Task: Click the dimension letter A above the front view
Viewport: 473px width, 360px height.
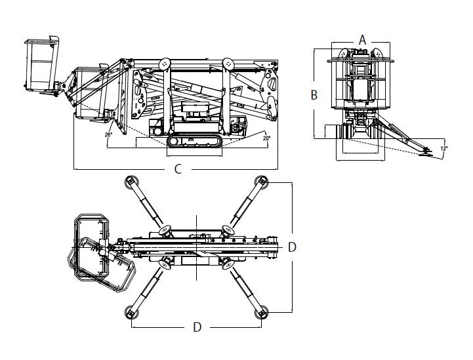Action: (x=362, y=40)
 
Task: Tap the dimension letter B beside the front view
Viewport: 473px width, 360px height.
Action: (x=314, y=95)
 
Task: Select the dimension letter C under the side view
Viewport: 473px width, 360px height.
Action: (x=178, y=169)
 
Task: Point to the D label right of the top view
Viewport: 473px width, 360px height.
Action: (x=292, y=247)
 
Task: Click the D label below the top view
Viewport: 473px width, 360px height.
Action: (x=197, y=327)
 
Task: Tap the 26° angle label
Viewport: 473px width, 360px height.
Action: (x=109, y=135)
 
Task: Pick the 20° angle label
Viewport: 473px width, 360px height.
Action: (x=266, y=138)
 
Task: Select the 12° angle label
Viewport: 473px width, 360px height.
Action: (x=444, y=148)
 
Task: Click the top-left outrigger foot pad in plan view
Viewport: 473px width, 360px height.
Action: (x=131, y=182)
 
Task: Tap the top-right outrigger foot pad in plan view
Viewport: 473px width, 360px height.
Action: (x=262, y=182)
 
